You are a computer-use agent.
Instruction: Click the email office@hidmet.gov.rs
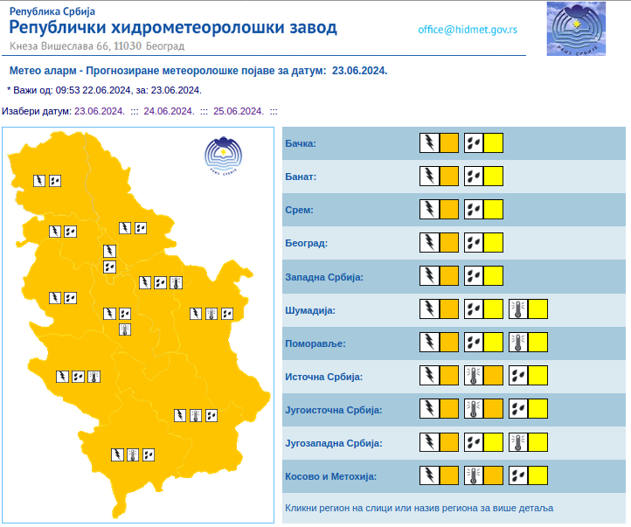click(467, 29)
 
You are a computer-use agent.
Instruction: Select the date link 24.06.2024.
click(169, 111)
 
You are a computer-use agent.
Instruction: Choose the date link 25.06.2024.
click(238, 111)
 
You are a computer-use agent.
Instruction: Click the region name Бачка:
click(301, 143)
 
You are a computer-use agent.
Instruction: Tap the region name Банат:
click(301, 177)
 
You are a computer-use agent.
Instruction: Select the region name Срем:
click(299, 210)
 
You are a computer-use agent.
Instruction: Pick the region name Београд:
click(306, 243)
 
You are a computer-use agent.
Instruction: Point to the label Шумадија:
click(310, 310)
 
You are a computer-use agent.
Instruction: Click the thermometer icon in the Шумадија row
click(518, 309)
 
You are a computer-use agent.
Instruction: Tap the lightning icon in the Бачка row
click(429, 143)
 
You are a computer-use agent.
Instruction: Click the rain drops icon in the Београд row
click(474, 243)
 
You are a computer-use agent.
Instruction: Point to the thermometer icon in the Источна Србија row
click(474, 377)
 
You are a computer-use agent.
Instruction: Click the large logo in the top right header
click(576, 29)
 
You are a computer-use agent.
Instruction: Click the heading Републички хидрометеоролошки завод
click(172, 28)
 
